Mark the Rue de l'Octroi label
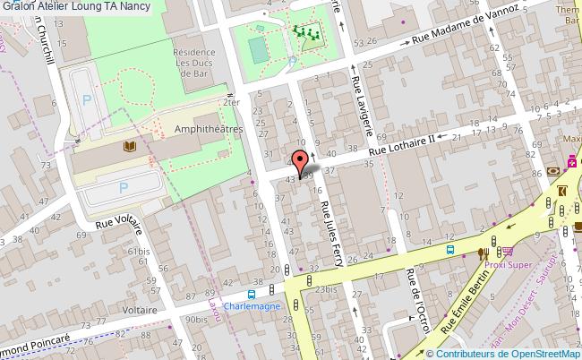click(x=417, y=309)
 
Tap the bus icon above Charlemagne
click(x=252, y=292)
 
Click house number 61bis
click(x=141, y=252)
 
